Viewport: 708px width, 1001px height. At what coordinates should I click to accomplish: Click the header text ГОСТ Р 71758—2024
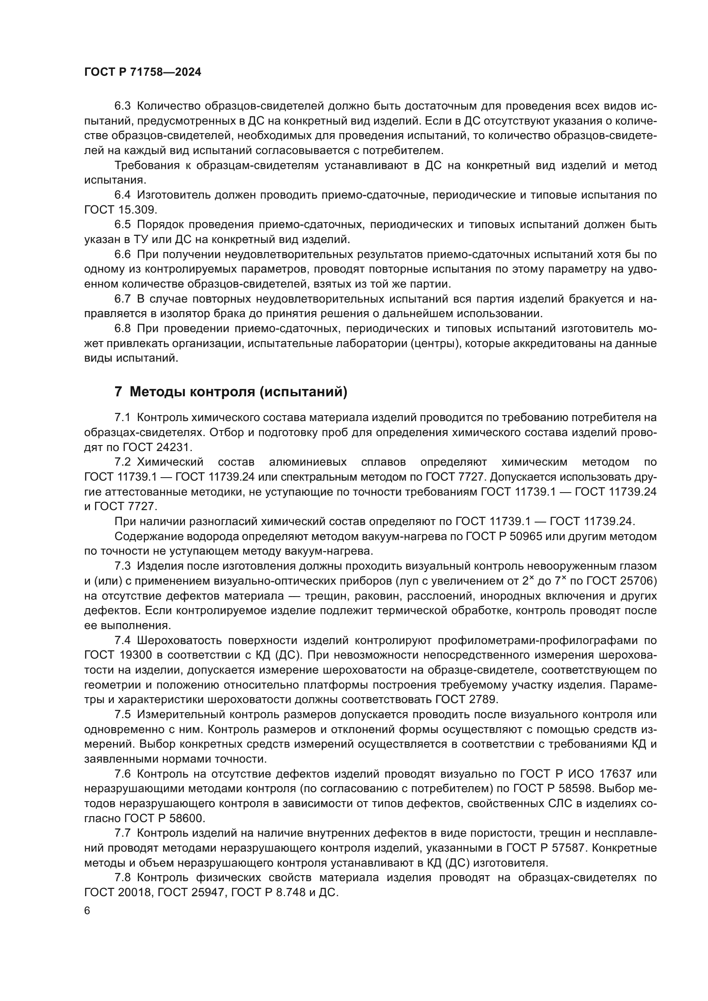click(x=143, y=72)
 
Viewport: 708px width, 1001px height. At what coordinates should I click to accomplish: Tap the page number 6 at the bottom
click(x=87, y=911)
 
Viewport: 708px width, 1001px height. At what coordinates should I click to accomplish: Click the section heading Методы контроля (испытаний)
click(x=238, y=392)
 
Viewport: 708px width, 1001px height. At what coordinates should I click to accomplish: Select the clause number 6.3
click(x=122, y=106)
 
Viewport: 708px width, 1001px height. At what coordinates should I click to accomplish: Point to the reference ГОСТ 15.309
click(x=120, y=210)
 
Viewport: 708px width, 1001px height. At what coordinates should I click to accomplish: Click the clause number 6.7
click(x=122, y=299)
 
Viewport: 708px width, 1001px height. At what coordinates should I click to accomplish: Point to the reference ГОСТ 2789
click(x=466, y=700)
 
